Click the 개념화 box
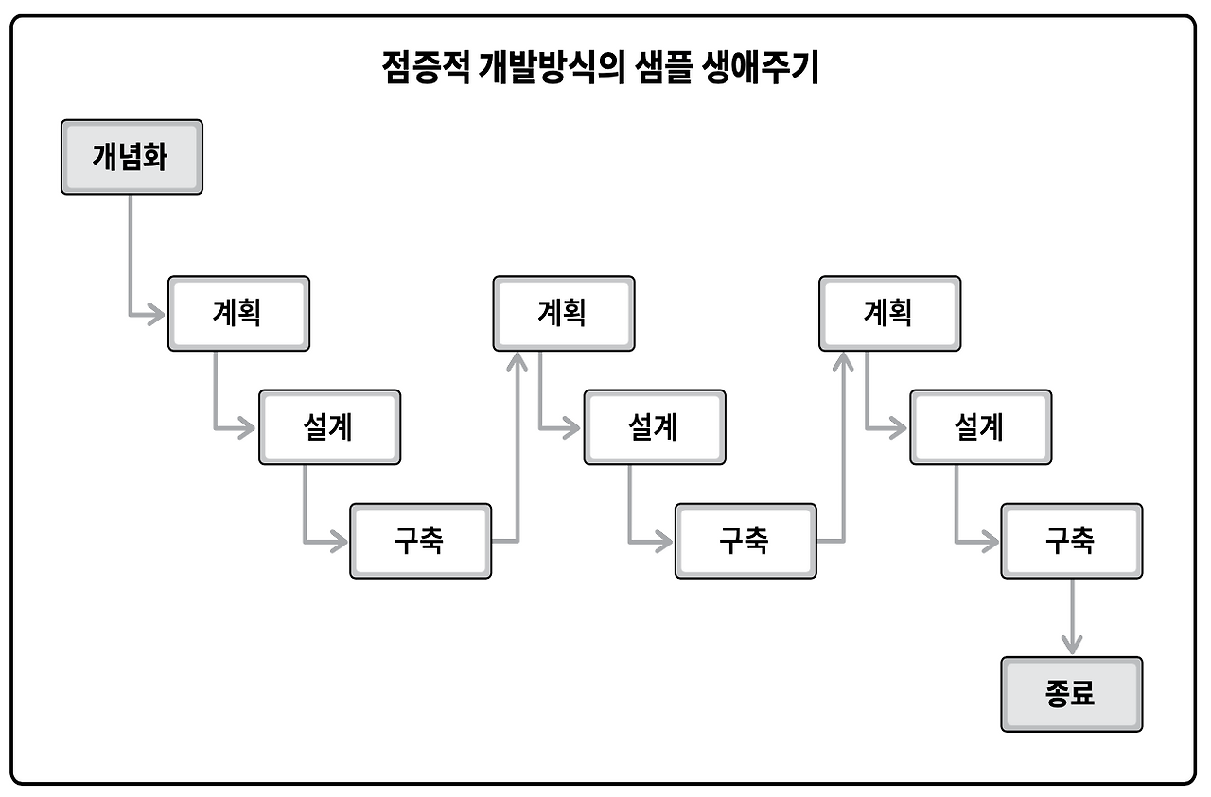132,157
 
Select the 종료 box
1071,694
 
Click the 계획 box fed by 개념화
238,313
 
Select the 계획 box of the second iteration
564,313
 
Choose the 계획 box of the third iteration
889,313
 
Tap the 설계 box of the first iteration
329,427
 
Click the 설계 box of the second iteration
655,427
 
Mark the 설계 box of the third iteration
980,427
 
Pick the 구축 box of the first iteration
420,541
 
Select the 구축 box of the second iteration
746,541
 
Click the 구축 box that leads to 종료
1071,541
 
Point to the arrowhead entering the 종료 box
1071,646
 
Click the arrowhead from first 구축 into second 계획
518,361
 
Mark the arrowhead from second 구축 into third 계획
843,361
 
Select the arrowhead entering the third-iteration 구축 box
990,542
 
